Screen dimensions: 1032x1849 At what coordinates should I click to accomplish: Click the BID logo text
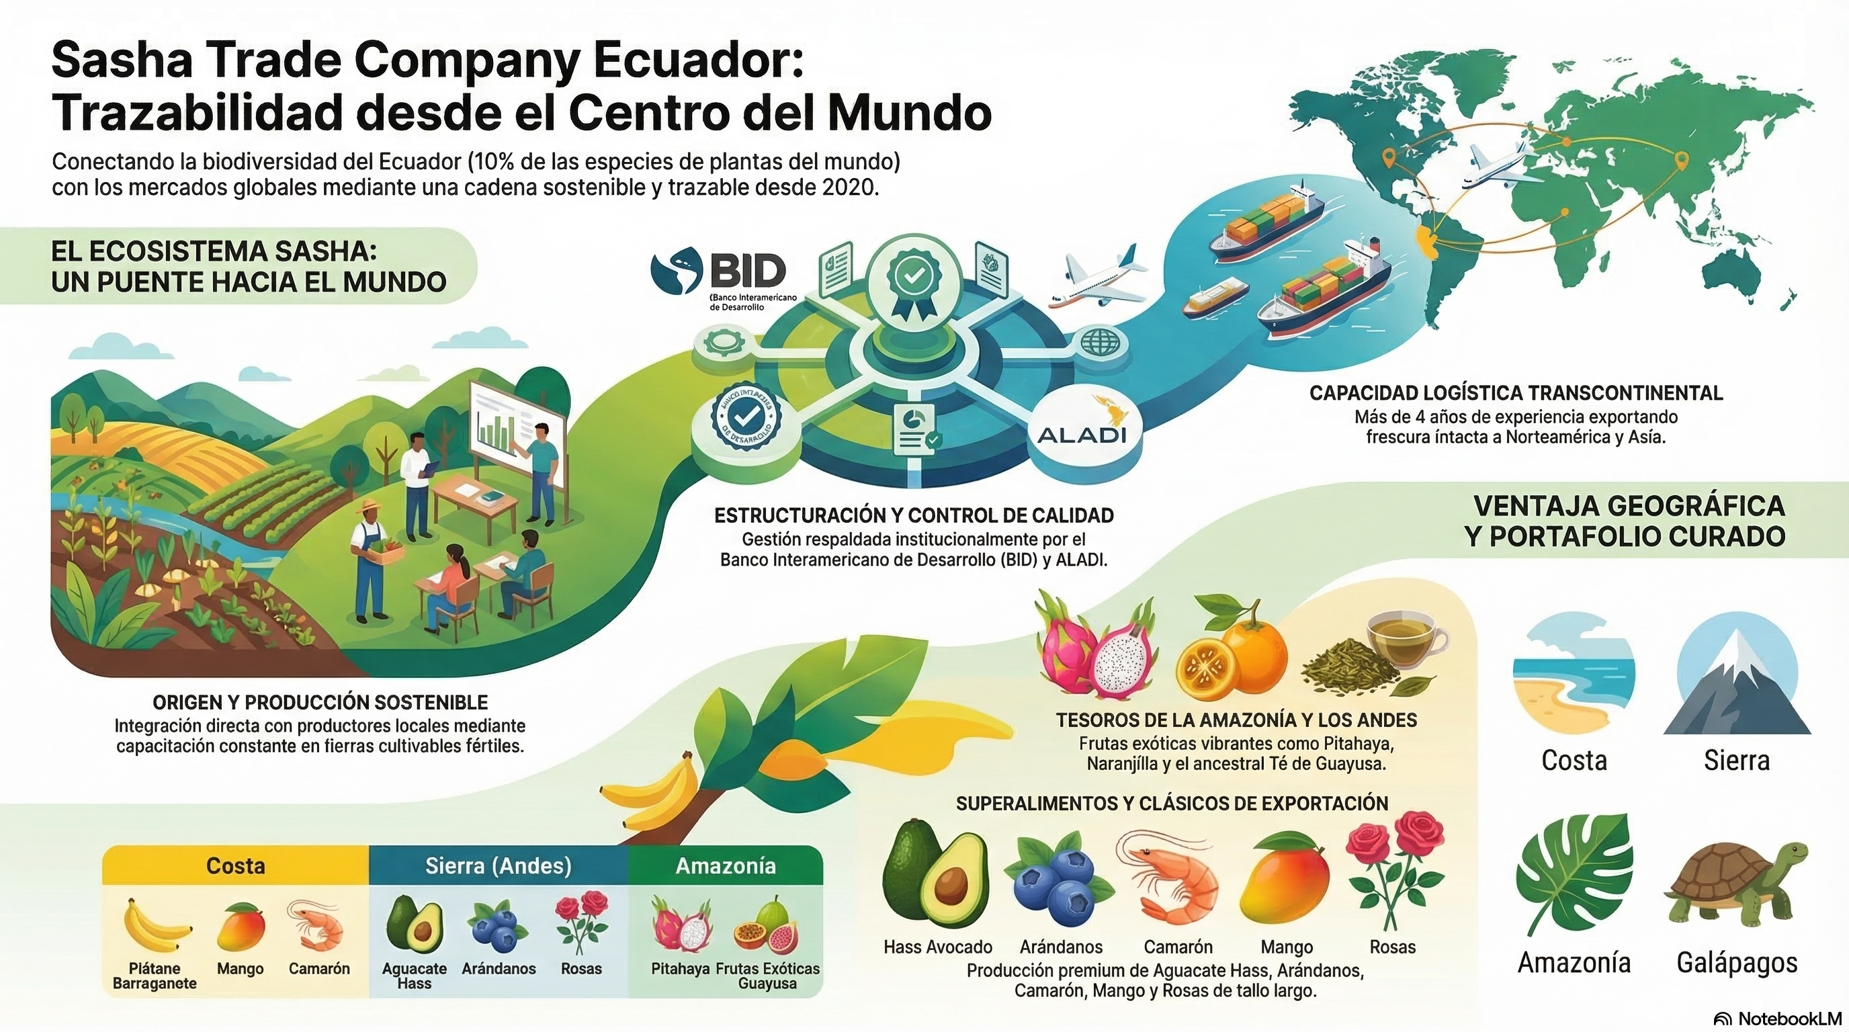746,271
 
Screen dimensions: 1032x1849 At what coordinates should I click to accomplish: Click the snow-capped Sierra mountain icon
1736,675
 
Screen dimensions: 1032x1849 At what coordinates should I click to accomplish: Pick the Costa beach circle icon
1574,675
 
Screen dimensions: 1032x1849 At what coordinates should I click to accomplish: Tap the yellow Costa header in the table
235,865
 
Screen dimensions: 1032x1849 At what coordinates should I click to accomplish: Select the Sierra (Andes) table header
498,865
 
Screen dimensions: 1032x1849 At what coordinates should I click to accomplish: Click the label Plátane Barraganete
155,976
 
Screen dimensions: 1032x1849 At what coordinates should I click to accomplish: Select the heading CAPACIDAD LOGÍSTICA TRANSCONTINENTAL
1515,392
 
